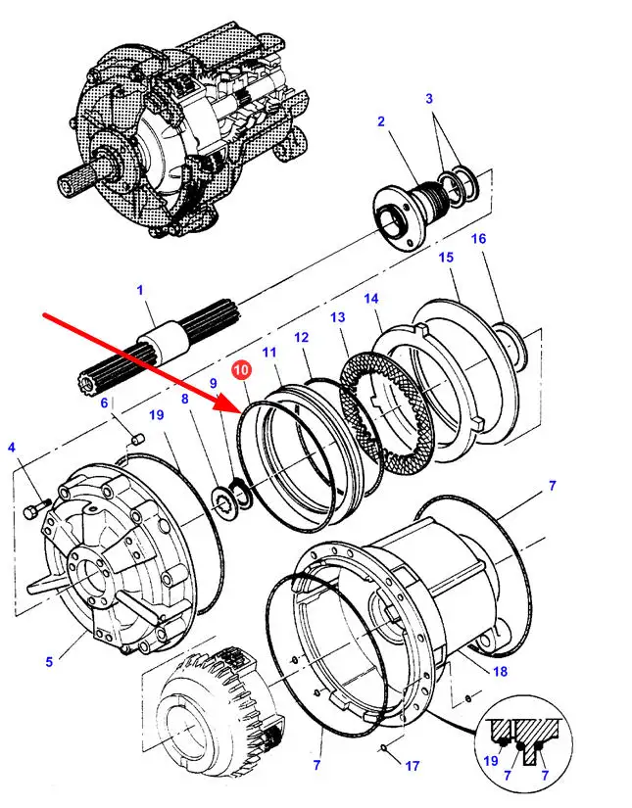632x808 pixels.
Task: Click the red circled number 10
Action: [242, 369]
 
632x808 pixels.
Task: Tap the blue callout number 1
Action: [140, 290]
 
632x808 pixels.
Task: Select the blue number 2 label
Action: [381, 121]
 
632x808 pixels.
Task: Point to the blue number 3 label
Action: [429, 98]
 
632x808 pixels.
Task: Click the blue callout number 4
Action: [12, 448]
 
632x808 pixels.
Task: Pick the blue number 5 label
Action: [49, 661]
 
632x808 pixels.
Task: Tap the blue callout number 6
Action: [104, 403]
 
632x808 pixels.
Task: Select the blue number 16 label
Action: [478, 239]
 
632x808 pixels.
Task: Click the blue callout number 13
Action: [338, 317]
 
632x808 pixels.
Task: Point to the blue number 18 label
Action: [500, 671]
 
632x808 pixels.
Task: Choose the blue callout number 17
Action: [412, 766]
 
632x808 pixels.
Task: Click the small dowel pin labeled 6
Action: [137, 439]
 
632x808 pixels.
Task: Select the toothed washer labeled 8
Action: [222, 499]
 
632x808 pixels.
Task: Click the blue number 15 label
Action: [447, 257]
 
